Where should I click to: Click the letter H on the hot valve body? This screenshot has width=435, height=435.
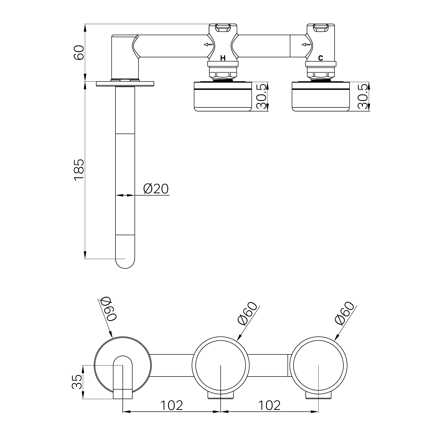[223, 58]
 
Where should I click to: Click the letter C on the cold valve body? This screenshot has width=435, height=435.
[321, 58]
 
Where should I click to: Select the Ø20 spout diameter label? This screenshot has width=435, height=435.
[156, 189]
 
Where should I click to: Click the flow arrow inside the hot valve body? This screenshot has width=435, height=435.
[208, 45]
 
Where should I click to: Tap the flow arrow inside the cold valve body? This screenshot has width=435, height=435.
[306, 45]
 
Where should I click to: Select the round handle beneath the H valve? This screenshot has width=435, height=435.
[223, 96]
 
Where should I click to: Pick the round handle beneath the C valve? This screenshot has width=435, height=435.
[321, 96]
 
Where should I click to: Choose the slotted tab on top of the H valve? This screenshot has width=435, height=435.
[223, 28]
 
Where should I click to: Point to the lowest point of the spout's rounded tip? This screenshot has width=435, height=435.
[125, 269]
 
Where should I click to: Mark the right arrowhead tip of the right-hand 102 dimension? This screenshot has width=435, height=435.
[318, 412]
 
